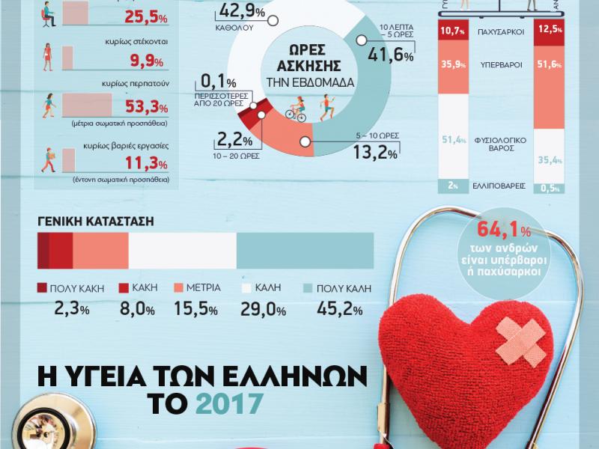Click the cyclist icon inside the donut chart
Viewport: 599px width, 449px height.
(x=297, y=113)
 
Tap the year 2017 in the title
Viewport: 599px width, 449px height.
(x=229, y=404)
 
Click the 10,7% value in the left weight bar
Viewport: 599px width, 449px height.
(x=454, y=31)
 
